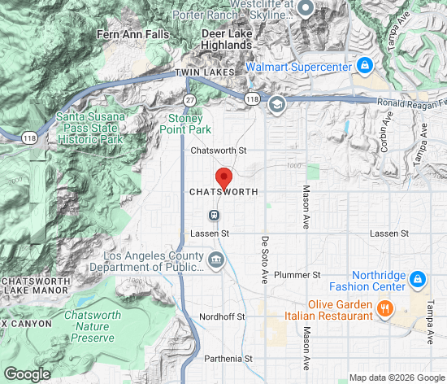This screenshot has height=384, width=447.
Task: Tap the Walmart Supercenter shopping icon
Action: pyautogui.click(x=365, y=65)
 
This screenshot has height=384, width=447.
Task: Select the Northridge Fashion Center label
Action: pyautogui.click(x=367, y=281)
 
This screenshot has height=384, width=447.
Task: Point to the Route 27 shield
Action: pyautogui.click(x=189, y=98)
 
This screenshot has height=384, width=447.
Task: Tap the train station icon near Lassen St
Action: pyautogui.click(x=214, y=215)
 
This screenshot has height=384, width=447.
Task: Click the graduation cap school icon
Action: pyautogui.click(x=276, y=103)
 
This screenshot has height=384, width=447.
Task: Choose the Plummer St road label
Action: pyautogui.click(x=299, y=276)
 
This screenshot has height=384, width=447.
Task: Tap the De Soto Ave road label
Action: pyautogui.click(x=264, y=260)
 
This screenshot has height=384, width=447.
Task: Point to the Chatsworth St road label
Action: pyautogui.click(x=218, y=151)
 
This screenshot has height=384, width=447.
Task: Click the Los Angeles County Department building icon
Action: pyautogui.click(x=217, y=260)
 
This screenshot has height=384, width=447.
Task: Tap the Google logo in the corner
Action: pyautogui.click(x=27, y=373)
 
